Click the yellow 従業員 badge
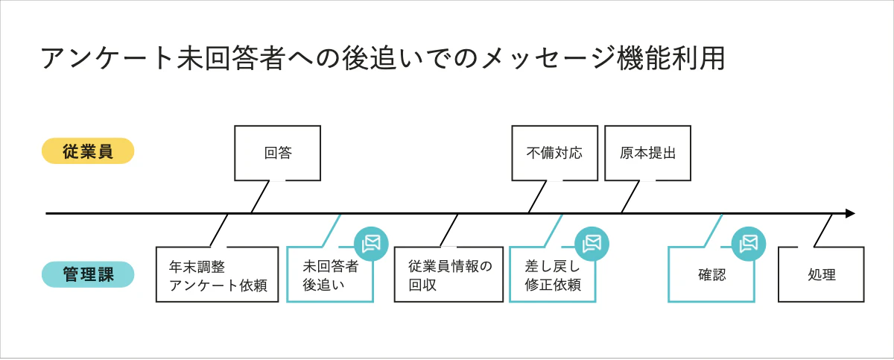coord(88,151)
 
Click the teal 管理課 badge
coord(88,274)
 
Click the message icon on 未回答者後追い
coord(371,244)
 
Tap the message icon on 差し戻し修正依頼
coord(592,244)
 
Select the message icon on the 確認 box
coord(749,244)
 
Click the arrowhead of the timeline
coord(850,213)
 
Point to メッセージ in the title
coord(548,58)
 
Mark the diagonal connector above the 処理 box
coord(823,230)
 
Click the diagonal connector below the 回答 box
coord(260,197)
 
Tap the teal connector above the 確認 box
coord(713,230)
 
